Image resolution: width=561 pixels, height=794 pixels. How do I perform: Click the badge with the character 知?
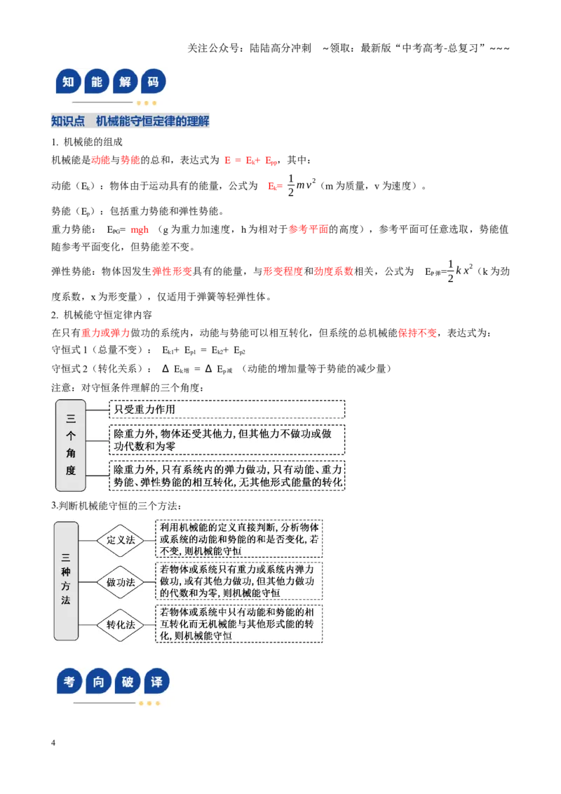68,81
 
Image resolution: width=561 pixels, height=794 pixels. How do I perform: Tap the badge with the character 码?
153,81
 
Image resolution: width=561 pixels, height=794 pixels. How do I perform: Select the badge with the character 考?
69,681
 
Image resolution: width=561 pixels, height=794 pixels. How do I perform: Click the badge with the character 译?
156,681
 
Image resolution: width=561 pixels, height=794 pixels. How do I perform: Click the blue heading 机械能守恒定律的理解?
152,121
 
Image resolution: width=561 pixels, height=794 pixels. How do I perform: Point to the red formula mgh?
140,229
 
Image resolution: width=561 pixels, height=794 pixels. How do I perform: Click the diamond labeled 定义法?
121,540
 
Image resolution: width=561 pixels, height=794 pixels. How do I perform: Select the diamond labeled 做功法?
121,582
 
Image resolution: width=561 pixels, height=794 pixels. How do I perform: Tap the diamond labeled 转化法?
121,625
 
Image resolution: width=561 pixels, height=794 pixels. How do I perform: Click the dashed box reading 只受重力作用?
227,409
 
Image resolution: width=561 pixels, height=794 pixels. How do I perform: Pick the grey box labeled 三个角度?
70,445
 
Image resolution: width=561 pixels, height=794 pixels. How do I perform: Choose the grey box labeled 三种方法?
66,581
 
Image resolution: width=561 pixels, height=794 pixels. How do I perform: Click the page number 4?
53,742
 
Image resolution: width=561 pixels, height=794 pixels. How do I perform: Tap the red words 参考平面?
309,229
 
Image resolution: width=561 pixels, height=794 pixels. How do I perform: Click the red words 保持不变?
417,332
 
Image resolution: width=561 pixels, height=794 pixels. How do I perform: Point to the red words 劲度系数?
334,271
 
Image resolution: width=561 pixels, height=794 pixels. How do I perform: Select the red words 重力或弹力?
106,332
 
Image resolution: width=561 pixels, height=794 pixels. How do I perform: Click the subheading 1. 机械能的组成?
87,142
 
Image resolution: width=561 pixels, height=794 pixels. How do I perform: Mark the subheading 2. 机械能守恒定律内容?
101,315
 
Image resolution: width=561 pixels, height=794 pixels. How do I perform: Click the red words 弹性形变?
172,271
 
